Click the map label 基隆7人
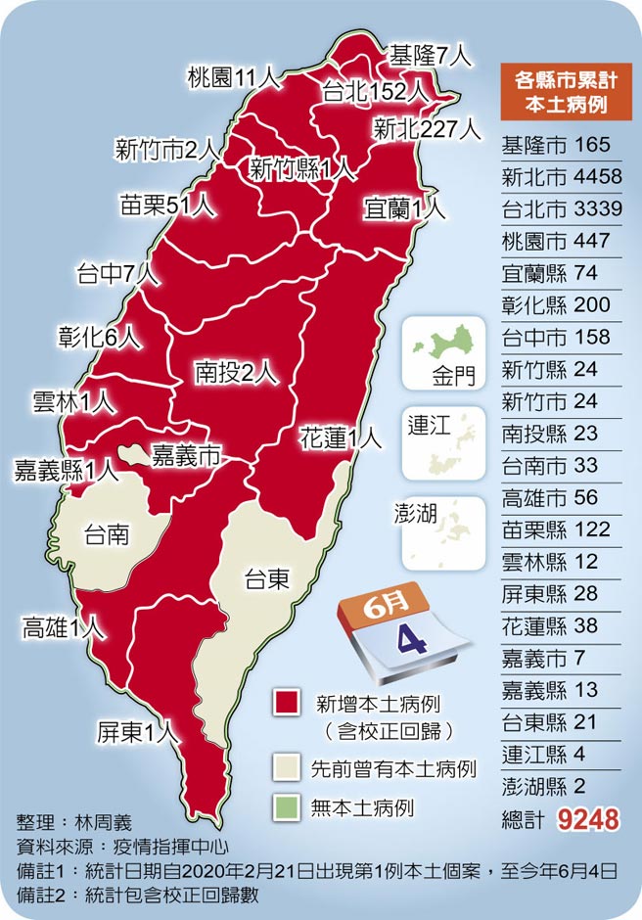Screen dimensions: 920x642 click(431, 55)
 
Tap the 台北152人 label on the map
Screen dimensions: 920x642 click(377, 91)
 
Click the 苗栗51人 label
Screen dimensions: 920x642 click(166, 206)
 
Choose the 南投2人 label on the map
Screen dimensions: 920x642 click(236, 371)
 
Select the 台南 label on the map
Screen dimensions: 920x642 click(107, 535)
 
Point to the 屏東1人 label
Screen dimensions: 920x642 click(136, 731)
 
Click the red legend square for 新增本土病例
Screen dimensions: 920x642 click(287, 703)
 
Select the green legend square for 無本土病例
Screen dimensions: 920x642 click(287, 807)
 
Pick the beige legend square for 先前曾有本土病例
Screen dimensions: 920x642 click(287, 767)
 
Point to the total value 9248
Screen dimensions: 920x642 click(588, 818)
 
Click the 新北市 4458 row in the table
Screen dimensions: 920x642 click(556, 176)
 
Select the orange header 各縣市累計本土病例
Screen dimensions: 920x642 click(555, 93)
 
